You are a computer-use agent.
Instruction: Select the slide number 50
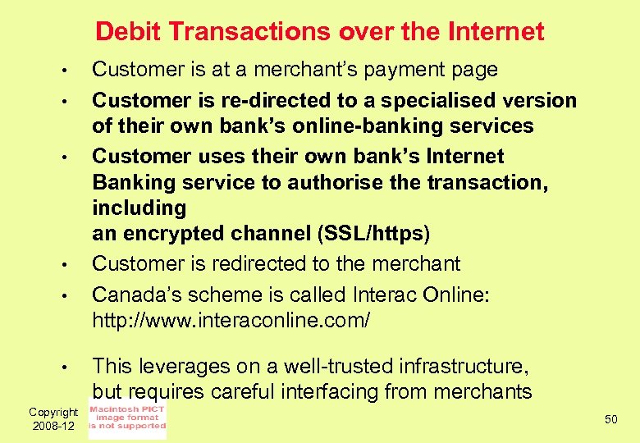(610, 419)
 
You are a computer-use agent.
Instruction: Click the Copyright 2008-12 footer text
(54, 418)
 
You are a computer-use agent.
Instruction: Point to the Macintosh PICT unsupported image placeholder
(127, 418)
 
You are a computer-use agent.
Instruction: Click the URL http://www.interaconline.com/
(231, 321)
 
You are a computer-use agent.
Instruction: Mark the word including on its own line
(128, 208)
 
